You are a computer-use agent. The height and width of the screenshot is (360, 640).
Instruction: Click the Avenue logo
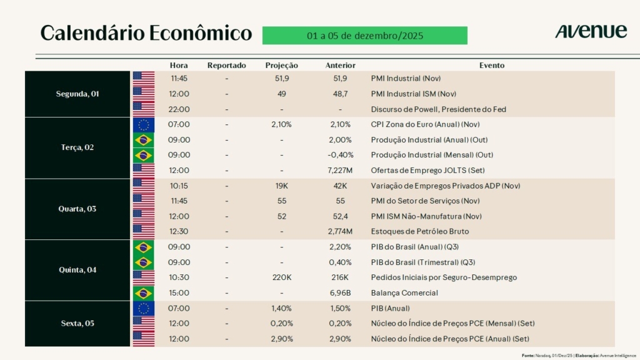(x=591, y=31)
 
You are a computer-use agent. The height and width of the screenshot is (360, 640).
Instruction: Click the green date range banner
(x=364, y=36)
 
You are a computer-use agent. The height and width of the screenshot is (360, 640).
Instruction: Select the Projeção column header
(x=281, y=65)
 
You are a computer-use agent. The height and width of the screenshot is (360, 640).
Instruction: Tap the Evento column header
(x=492, y=65)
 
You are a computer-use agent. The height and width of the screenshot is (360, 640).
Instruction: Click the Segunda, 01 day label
(x=78, y=94)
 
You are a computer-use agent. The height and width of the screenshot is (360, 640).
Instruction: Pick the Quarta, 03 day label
(x=78, y=209)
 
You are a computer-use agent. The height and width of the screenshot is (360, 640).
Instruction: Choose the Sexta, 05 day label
(x=78, y=324)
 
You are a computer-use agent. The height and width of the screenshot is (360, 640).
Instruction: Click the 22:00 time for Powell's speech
(x=180, y=109)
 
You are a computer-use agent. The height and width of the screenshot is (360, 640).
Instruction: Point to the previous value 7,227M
(x=341, y=170)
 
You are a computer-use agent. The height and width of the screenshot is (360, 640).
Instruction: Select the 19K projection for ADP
(x=282, y=186)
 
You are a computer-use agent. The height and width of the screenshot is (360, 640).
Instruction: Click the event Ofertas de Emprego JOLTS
(x=427, y=170)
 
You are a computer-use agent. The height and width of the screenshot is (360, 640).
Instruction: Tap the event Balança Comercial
(x=404, y=292)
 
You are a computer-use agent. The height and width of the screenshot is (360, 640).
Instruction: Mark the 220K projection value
(x=282, y=277)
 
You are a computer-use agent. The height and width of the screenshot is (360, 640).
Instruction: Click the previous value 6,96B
(x=341, y=292)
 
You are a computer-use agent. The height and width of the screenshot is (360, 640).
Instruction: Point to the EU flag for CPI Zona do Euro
(x=144, y=125)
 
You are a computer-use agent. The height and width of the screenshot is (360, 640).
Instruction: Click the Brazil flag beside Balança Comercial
(x=144, y=292)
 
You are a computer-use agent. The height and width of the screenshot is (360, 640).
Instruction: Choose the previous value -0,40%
(x=341, y=155)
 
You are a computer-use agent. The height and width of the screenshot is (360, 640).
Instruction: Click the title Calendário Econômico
(x=146, y=33)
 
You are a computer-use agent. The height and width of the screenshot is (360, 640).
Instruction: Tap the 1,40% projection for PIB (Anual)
(x=282, y=308)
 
